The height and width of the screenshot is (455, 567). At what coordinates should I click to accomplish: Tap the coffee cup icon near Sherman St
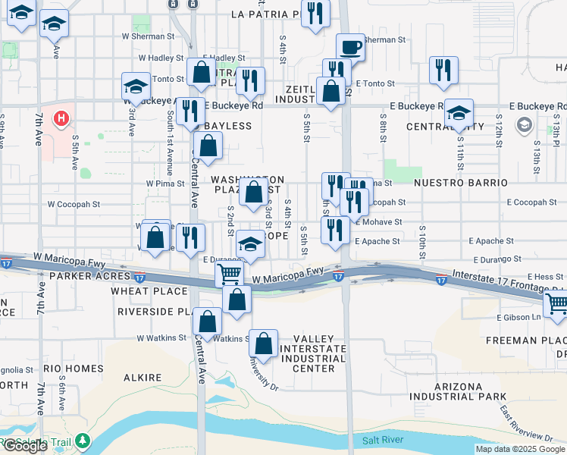pos(350,47)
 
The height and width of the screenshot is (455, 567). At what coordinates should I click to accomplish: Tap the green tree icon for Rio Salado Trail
pos(82,441)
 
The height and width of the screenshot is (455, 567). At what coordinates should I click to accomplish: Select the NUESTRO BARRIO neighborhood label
pos(460,183)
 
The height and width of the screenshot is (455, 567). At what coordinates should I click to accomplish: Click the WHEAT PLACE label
pos(149,291)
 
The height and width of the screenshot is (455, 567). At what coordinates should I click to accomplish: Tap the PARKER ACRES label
pos(81,276)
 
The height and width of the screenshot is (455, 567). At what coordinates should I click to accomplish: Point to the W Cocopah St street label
pos(74,204)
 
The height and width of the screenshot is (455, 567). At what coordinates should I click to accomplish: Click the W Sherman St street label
pos(148,36)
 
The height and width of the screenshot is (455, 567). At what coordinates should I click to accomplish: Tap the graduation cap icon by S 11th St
pos(459,113)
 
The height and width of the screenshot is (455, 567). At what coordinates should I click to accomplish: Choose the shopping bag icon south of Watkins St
pos(263,344)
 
